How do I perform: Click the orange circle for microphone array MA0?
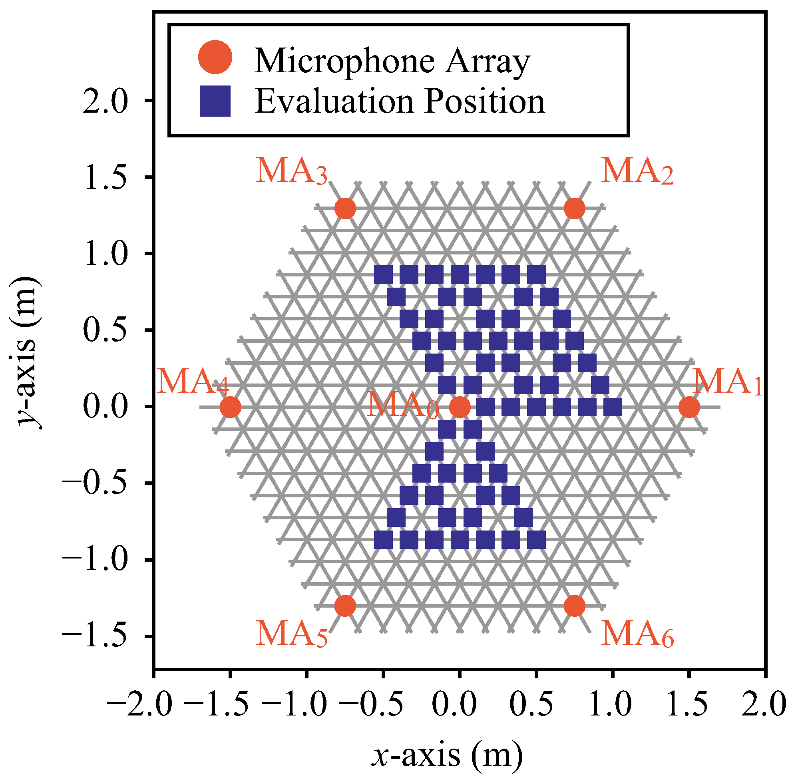[460, 407]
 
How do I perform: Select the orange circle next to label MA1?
[689, 407]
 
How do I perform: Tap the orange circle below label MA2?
[574, 209]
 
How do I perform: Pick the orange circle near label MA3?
[345, 209]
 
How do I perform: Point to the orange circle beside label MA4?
[230, 407]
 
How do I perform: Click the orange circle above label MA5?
[345, 606]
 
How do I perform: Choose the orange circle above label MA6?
[574, 606]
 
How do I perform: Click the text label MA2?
[637, 171]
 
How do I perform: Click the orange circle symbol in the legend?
[215, 57]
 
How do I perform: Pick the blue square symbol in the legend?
[215, 101]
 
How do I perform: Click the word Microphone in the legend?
[344, 61]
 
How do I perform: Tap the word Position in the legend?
[484, 102]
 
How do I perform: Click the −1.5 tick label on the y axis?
[94, 636]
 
